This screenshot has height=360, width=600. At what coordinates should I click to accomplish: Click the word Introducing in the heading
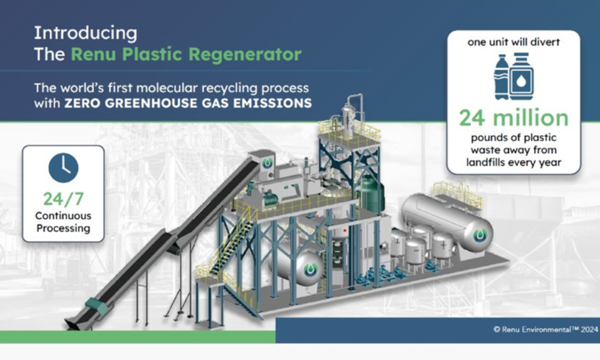click(85, 34)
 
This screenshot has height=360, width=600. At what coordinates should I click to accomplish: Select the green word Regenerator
click(245, 55)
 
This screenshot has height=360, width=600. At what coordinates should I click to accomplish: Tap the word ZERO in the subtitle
click(82, 103)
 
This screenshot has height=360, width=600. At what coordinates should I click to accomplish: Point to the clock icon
click(64, 167)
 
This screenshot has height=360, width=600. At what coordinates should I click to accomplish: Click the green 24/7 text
click(63, 199)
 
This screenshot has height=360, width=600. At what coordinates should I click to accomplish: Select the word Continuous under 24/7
click(63, 216)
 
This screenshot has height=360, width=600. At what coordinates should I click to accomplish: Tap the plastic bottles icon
click(514, 77)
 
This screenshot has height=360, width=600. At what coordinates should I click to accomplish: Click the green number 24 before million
click(473, 118)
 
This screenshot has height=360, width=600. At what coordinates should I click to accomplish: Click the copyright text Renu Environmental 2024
click(545, 329)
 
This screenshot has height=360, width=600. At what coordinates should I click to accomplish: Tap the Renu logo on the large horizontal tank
click(480, 235)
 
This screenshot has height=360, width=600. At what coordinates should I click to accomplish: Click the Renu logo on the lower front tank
click(311, 269)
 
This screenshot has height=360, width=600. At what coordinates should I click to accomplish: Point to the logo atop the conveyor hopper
click(267, 164)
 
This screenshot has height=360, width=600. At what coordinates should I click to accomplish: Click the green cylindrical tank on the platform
click(371, 193)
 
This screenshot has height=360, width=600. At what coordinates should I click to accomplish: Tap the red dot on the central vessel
click(345, 230)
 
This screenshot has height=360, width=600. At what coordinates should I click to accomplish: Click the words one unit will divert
click(514, 42)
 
